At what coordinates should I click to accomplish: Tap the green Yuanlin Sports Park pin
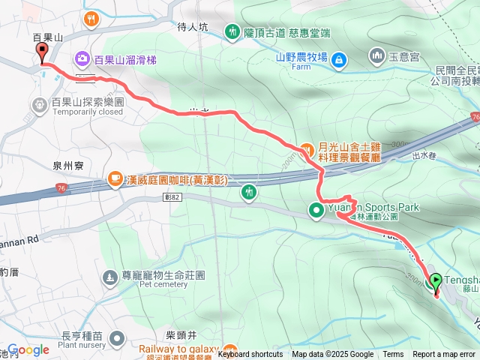316,208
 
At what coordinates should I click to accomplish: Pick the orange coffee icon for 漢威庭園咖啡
115,178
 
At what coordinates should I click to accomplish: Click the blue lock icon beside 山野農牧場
338,57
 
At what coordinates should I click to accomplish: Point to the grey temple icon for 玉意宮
376,55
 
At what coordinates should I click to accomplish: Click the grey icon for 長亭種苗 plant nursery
116,339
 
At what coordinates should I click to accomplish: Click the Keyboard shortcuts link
250,355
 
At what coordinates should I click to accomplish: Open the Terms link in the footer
393,355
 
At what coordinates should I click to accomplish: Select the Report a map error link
445,355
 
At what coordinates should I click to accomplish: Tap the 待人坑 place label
192,27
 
